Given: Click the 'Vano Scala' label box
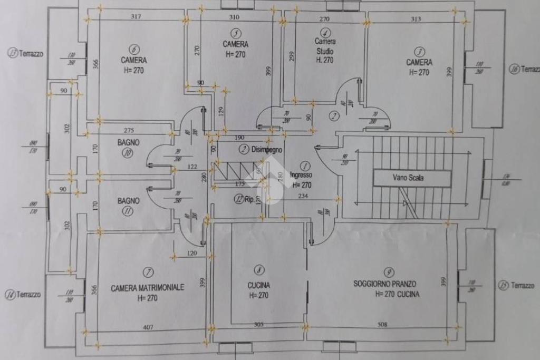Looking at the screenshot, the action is pyautogui.click(x=412, y=178).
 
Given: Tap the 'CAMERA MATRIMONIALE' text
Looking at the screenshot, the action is pyautogui.click(x=147, y=288).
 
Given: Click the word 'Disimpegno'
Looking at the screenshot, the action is pyautogui.click(x=267, y=149).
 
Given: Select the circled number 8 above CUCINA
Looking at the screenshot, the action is pyautogui.click(x=258, y=270).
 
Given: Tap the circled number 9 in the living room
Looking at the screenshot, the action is pyautogui.click(x=389, y=272).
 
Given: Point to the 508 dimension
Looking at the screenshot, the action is pyautogui.click(x=381, y=325).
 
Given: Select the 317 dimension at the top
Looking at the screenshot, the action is pyautogui.click(x=136, y=17).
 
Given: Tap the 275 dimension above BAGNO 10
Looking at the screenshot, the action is pyautogui.click(x=130, y=130).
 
